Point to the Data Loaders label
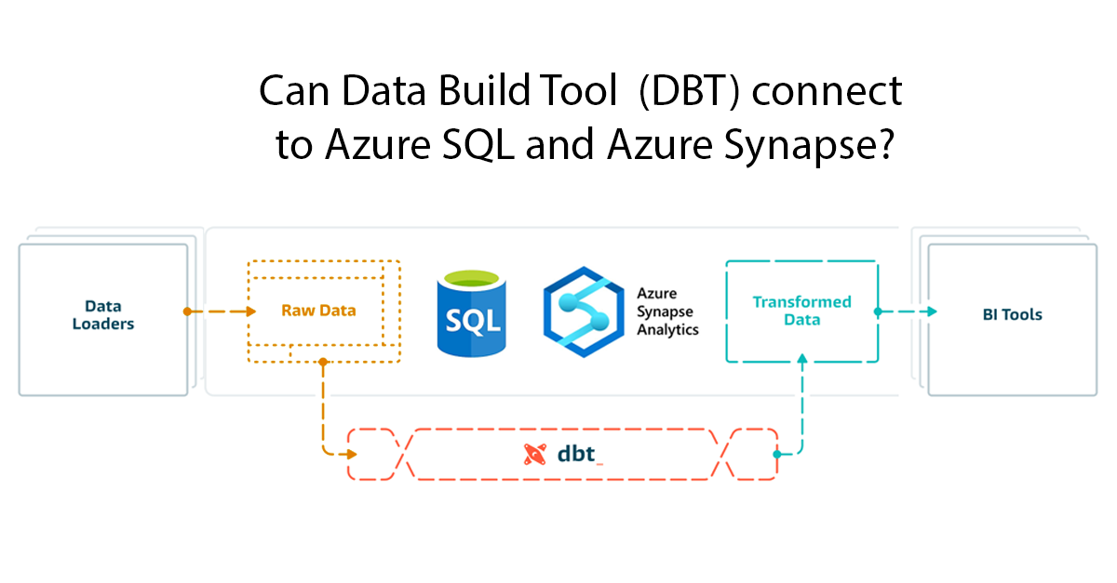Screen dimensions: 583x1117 [x=103, y=315]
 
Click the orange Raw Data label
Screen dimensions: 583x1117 [x=318, y=311]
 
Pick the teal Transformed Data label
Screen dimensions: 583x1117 [x=801, y=311]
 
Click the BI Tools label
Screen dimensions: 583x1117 [x=1012, y=314]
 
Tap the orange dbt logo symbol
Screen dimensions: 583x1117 [x=534, y=455]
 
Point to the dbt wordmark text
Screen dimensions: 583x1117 [x=580, y=455]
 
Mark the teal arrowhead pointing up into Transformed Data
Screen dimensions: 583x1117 [x=801, y=358]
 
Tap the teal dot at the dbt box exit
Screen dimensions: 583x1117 [x=776, y=455]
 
